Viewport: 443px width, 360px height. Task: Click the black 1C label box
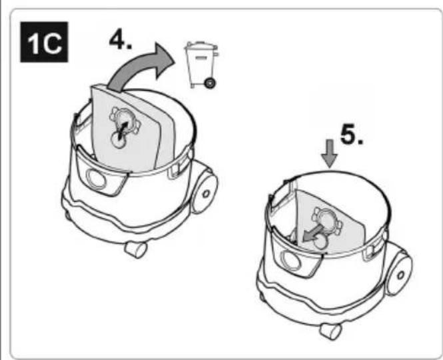tap(44, 42)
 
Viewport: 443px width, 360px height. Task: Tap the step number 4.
tap(121, 39)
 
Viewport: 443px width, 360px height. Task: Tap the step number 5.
tap(352, 135)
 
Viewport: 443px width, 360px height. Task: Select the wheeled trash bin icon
tap(201, 65)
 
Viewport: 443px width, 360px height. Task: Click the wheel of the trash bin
tap(210, 83)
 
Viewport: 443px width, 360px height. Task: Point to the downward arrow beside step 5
tap(330, 153)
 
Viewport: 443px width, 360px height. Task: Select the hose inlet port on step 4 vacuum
tap(95, 178)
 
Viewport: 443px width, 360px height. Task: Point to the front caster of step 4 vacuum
tap(136, 249)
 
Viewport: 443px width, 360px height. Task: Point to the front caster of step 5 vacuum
tap(330, 331)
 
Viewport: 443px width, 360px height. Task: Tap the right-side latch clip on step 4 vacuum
tap(175, 170)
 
